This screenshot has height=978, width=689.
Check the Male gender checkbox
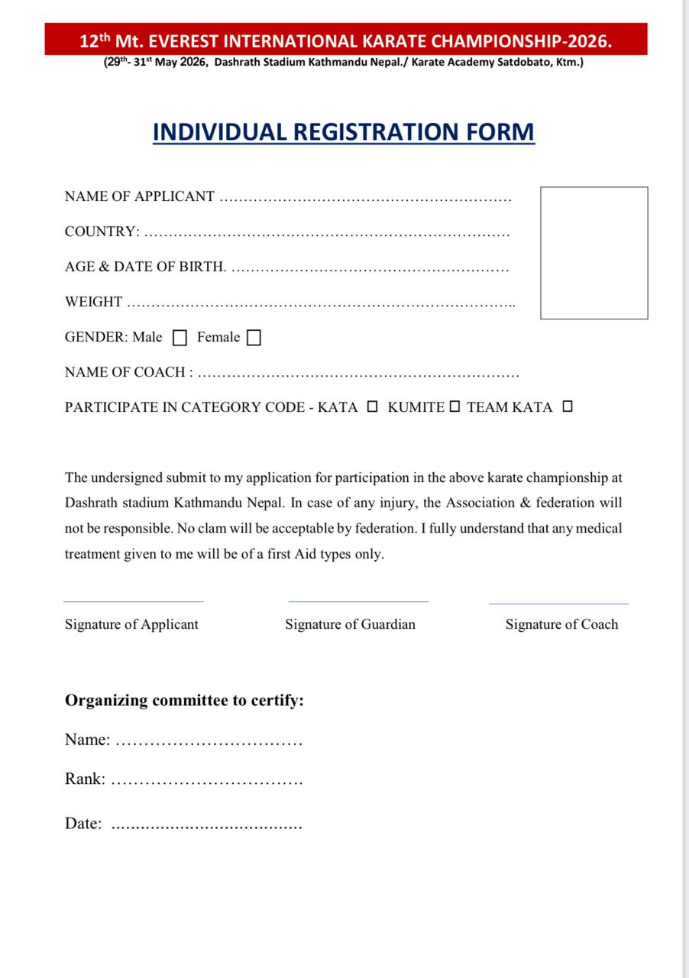(x=180, y=338)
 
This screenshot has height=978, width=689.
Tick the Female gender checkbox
(x=254, y=338)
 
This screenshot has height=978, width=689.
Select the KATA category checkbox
(x=372, y=407)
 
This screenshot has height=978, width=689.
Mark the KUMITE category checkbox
(x=454, y=407)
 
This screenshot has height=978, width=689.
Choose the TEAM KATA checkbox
(x=567, y=407)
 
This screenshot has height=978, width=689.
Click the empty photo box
(x=594, y=253)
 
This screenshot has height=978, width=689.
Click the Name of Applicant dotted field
(x=365, y=198)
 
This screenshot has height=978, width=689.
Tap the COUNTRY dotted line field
(x=327, y=233)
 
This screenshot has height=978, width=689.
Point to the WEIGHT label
(x=93, y=302)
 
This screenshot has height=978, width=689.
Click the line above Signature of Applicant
(x=134, y=602)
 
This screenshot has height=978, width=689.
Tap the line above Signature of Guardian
(x=358, y=602)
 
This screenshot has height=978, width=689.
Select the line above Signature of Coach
(x=558, y=604)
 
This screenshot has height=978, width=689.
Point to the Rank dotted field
(x=207, y=781)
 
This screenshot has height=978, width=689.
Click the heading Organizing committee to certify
(x=184, y=701)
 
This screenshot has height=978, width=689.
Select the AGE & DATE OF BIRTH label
(x=145, y=267)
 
